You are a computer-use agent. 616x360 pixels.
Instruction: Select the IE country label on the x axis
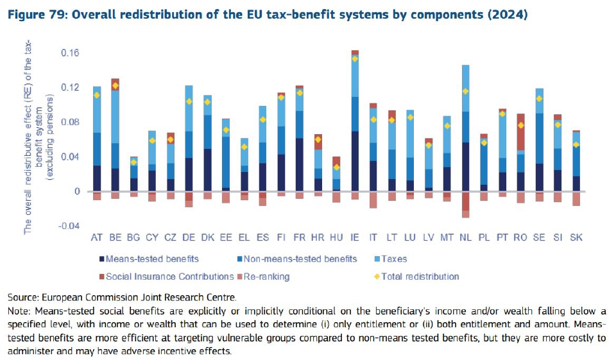click(x=355, y=237)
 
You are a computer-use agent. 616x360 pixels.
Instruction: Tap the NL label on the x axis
click(x=465, y=237)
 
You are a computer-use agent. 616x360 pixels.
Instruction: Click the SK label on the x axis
click(x=576, y=237)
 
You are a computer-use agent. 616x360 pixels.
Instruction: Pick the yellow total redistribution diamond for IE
click(x=355, y=58)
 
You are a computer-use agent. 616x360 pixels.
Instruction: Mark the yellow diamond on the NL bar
click(x=465, y=91)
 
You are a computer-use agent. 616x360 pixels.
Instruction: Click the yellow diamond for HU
click(x=336, y=167)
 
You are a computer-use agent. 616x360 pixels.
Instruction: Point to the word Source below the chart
click(x=24, y=298)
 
